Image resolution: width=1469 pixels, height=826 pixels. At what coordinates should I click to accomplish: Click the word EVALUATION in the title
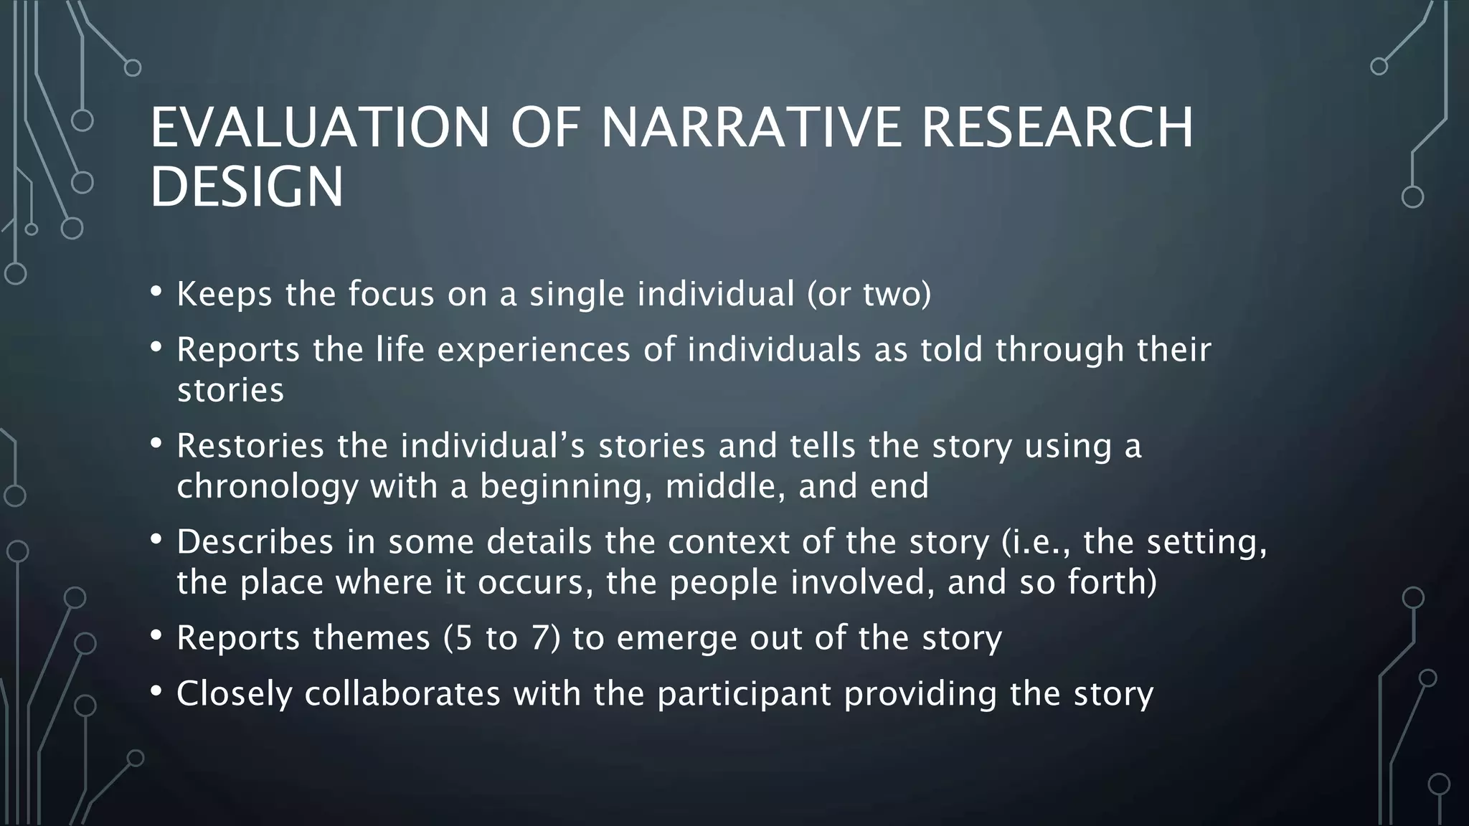coord(319,128)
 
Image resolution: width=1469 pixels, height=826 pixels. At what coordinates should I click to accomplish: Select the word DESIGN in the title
coord(247,187)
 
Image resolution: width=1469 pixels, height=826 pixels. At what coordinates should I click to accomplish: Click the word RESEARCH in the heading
coord(1057,128)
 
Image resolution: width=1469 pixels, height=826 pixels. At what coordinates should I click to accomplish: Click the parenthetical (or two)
coord(869,295)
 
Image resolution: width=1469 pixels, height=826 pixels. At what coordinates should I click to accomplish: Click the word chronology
coord(267,487)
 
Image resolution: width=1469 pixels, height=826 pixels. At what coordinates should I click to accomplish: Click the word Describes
coord(255,542)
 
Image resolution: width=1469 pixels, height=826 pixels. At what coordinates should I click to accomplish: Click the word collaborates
coord(402,694)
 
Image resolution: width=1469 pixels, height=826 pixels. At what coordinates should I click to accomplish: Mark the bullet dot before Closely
coord(156,692)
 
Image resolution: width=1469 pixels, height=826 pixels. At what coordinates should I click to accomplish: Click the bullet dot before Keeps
coord(156,293)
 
